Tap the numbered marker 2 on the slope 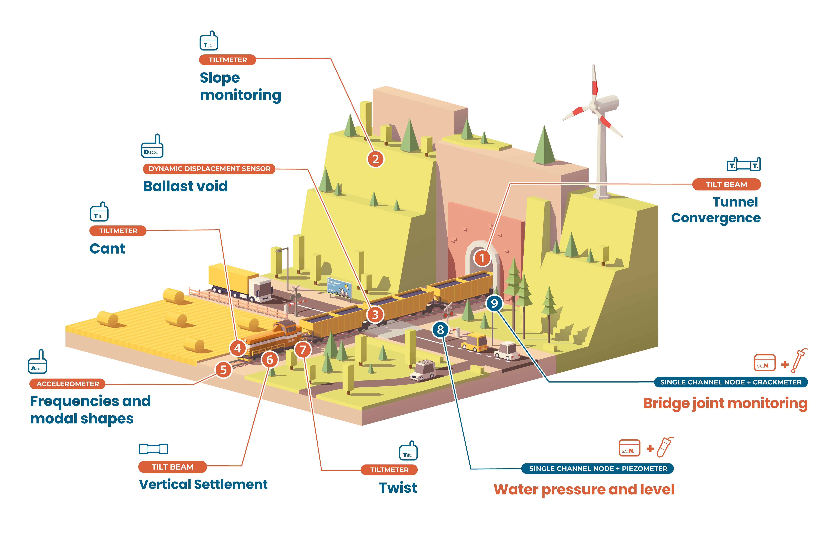pos(375,159)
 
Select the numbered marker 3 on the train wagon pos(375,314)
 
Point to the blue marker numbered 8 pos(440,330)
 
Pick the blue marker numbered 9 pos(494,303)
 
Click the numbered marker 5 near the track pos(223,370)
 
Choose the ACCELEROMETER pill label pos(68,384)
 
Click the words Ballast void pos(185,186)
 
